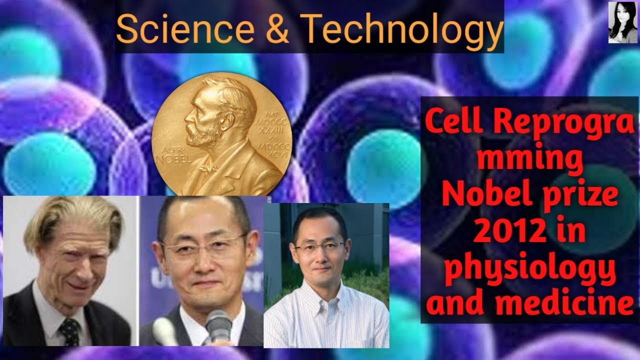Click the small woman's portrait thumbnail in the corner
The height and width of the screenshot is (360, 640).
[x=622, y=22]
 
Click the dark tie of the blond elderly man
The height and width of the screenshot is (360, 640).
[x=70, y=330]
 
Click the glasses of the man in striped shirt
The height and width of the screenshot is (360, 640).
[x=320, y=247]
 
